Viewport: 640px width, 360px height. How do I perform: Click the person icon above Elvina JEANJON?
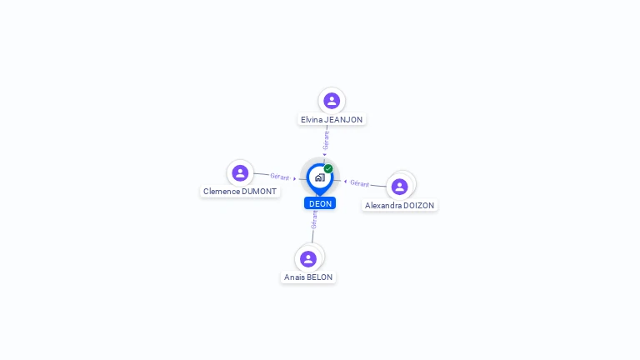coord(332,100)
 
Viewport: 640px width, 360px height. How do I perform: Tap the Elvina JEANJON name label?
coord(332,120)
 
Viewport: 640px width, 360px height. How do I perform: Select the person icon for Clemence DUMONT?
coord(240,173)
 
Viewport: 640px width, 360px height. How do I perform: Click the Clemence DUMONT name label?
coord(240,192)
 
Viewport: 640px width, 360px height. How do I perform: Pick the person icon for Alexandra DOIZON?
coord(400,187)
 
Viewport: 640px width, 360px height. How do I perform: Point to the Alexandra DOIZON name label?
coord(400,206)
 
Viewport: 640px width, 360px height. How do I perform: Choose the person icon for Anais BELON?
coord(308,259)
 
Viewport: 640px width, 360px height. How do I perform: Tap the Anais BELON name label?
coord(308,277)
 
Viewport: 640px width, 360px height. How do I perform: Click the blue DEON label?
coord(320,203)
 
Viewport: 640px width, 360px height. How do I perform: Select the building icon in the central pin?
coord(320,177)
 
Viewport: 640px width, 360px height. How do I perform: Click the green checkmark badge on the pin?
coord(328,168)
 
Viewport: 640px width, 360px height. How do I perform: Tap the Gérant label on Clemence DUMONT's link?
coord(280,177)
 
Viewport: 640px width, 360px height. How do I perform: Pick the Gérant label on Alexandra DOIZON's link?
coord(360,183)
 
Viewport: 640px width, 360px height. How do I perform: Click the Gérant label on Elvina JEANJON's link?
coord(326,140)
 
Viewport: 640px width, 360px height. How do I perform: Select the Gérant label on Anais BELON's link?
coord(314,220)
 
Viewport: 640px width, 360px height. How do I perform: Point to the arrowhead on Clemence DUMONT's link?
coord(294,179)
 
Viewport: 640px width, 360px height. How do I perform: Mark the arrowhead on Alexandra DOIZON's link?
coord(345,182)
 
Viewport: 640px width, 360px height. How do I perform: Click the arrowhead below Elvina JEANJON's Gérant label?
coord(325,155)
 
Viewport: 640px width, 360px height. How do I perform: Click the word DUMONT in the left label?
coord(259,192)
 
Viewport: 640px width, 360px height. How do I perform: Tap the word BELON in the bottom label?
coord(320,277)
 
